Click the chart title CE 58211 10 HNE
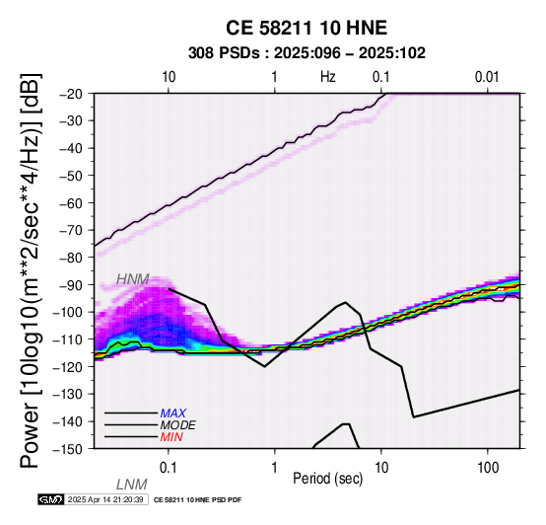coord(307,28)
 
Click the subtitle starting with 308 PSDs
coord(307,53)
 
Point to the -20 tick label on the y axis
coord(71,94)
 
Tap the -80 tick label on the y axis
coord(71,258)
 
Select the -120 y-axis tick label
coord(67,367)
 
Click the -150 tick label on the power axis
coord(67,449)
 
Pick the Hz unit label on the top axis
coord(328,77)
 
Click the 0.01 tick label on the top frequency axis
coord(487,77)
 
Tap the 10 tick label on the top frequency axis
coord(169,77)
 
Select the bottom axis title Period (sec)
coord(327,479)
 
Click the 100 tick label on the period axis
coord(488,468)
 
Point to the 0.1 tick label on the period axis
coord(169,468)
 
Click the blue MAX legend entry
coord(173,413)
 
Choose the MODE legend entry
coord(178,425)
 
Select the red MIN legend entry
coord(171,437)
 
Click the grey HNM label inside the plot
coord(133,279)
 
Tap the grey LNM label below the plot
coord(132,485)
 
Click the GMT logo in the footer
coord(51,499)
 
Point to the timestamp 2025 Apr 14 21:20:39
coord(105,499)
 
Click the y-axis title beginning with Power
coord(31,270)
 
